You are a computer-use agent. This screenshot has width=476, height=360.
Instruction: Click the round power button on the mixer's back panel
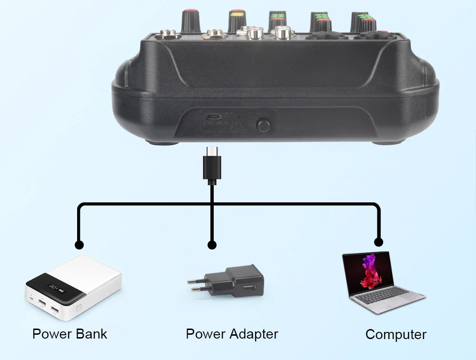tap(263, 125)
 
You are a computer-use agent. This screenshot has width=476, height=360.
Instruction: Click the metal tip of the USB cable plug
tap(211, 151)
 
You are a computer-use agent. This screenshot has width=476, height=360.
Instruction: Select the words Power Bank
tap(69, 334)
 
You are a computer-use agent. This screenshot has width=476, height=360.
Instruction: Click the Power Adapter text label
tap(232, 334)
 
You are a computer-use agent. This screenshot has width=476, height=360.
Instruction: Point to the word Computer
tap(396, 334)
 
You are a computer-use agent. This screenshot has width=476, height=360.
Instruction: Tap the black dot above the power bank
tap(79, 245)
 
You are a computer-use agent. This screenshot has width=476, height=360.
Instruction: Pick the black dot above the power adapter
tap(212, 245)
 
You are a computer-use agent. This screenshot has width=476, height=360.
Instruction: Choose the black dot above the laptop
tap(379, 241)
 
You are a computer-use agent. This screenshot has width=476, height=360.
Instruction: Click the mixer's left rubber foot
tap(163, 141)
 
